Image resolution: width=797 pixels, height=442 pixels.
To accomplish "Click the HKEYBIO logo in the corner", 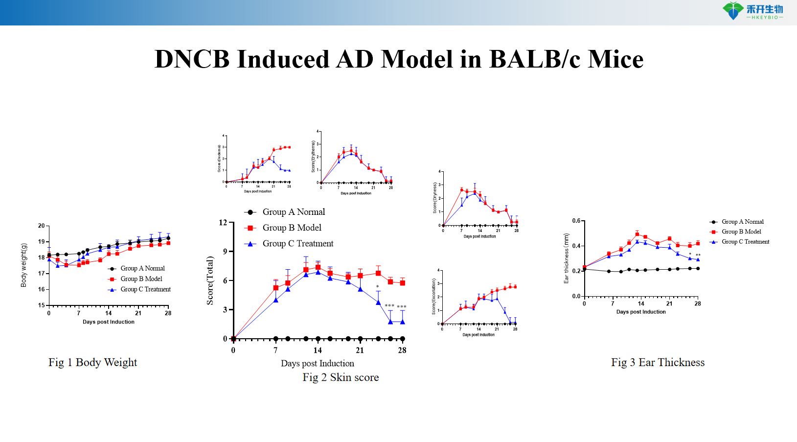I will pos(753,11).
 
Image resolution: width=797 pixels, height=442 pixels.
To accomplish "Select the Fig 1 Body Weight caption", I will pos(92,363).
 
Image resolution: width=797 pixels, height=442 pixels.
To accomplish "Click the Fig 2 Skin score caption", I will pos(341,377).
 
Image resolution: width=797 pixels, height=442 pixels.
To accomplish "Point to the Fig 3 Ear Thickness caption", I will pos(658,363).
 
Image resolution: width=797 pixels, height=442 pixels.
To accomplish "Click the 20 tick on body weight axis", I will pos(41,226).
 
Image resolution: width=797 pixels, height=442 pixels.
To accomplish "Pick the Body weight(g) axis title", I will pos(23,265).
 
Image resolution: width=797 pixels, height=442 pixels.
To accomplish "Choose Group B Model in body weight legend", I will pos(141,279).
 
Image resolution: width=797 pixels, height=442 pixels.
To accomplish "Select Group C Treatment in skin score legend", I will pos(297,244).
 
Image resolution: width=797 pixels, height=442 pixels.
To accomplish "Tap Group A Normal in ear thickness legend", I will pos(742,222).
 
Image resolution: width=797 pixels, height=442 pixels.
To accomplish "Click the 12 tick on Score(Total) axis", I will pos(223,223).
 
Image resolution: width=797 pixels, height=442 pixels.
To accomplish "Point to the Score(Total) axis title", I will pos(210,280).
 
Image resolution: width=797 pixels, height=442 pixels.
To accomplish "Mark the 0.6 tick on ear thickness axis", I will pos(576,221).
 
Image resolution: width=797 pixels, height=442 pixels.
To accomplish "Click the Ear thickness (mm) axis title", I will pos(567,258).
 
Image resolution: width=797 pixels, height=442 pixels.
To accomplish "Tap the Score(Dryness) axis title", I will pos(434,198).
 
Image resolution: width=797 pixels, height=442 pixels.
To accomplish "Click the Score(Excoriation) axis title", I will pos(433,296).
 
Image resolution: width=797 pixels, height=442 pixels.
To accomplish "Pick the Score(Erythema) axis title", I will pos(313,156).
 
